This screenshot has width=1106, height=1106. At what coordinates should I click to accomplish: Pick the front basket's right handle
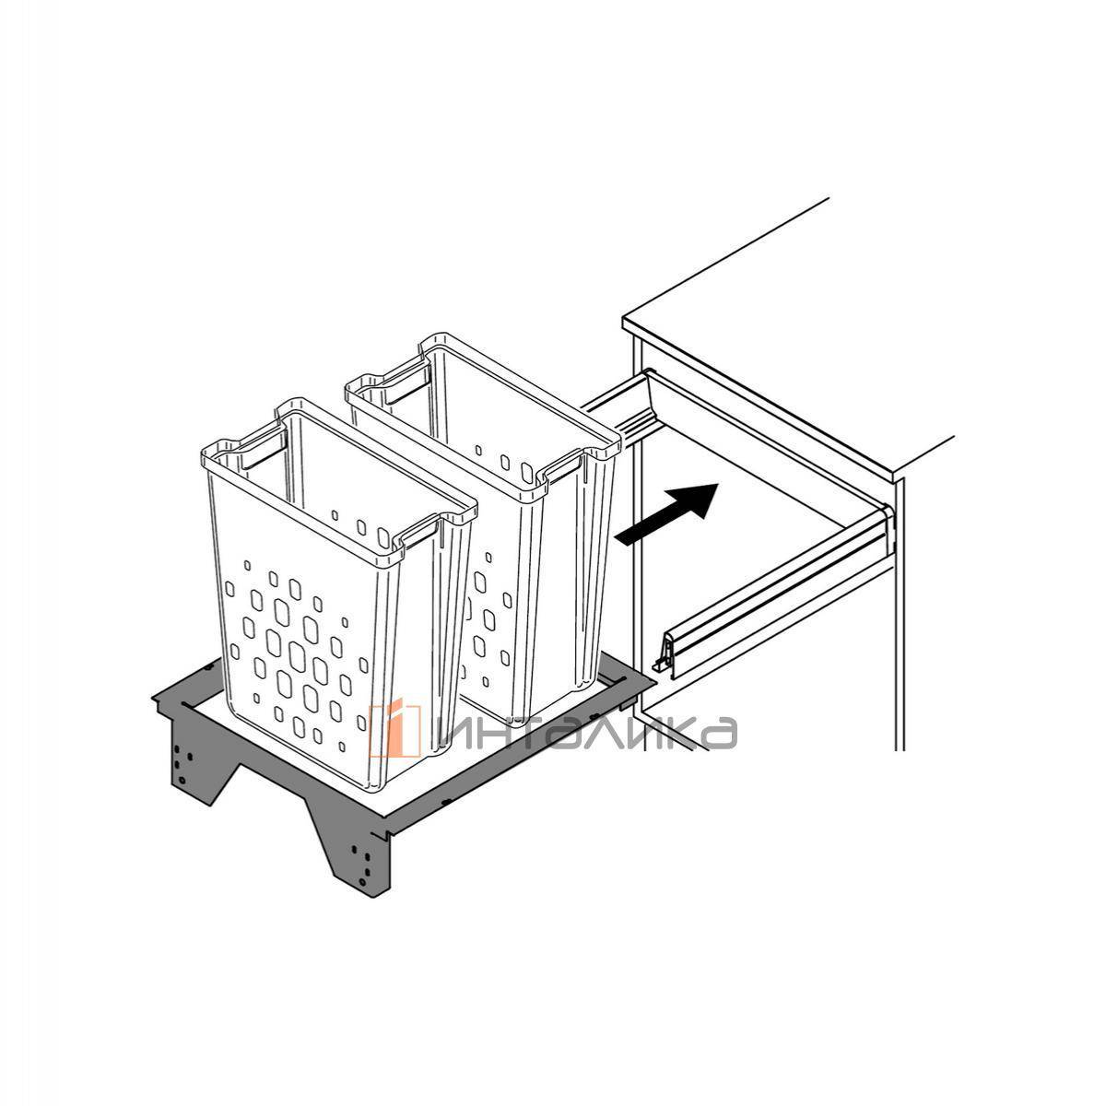[420, 530]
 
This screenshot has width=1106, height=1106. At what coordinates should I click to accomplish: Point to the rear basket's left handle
[407, 384]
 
